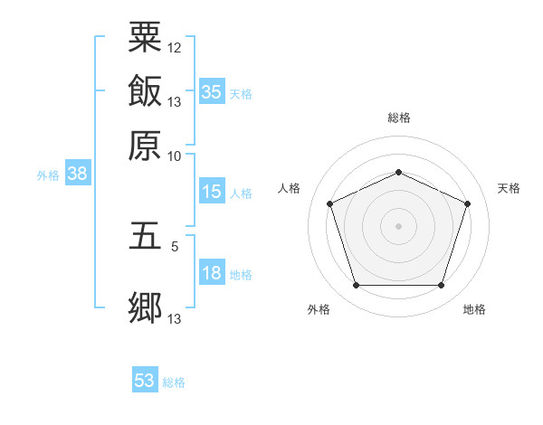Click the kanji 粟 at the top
(145, 37)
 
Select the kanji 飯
(145, 90)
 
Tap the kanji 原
(145, 146)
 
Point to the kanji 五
(145, 236)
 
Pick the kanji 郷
(145, 307)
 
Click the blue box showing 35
(212, 91)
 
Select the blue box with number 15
(212, 191)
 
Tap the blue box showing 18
(212, 271)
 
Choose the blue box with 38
(78, 173)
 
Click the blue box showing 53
(145, 379)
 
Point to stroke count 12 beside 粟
(174, 48)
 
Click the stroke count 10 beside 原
(174, 156)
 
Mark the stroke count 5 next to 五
(175, 247)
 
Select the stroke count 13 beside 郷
(174, 318)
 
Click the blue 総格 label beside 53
(174, 382)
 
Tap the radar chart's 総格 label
(399, 118)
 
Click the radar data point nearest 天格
(467, 203)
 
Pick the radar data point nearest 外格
(357, 285)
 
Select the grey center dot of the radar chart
(398, 226)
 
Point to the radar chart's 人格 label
(289, 188)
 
